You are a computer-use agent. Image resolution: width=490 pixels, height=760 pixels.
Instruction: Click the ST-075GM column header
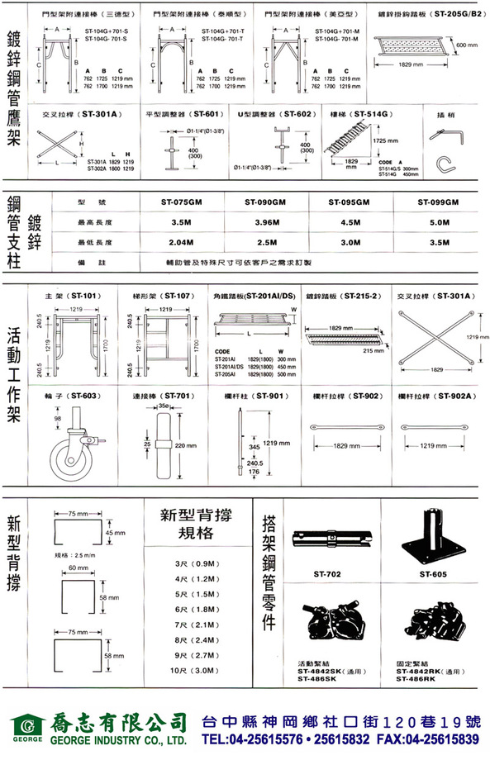point(183,202)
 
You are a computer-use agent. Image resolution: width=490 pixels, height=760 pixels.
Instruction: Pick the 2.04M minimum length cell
point(183,243)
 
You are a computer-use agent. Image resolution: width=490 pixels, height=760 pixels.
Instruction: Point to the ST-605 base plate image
point(433,537)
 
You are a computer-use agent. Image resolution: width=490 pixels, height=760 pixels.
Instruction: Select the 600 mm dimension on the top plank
point(467,45)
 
